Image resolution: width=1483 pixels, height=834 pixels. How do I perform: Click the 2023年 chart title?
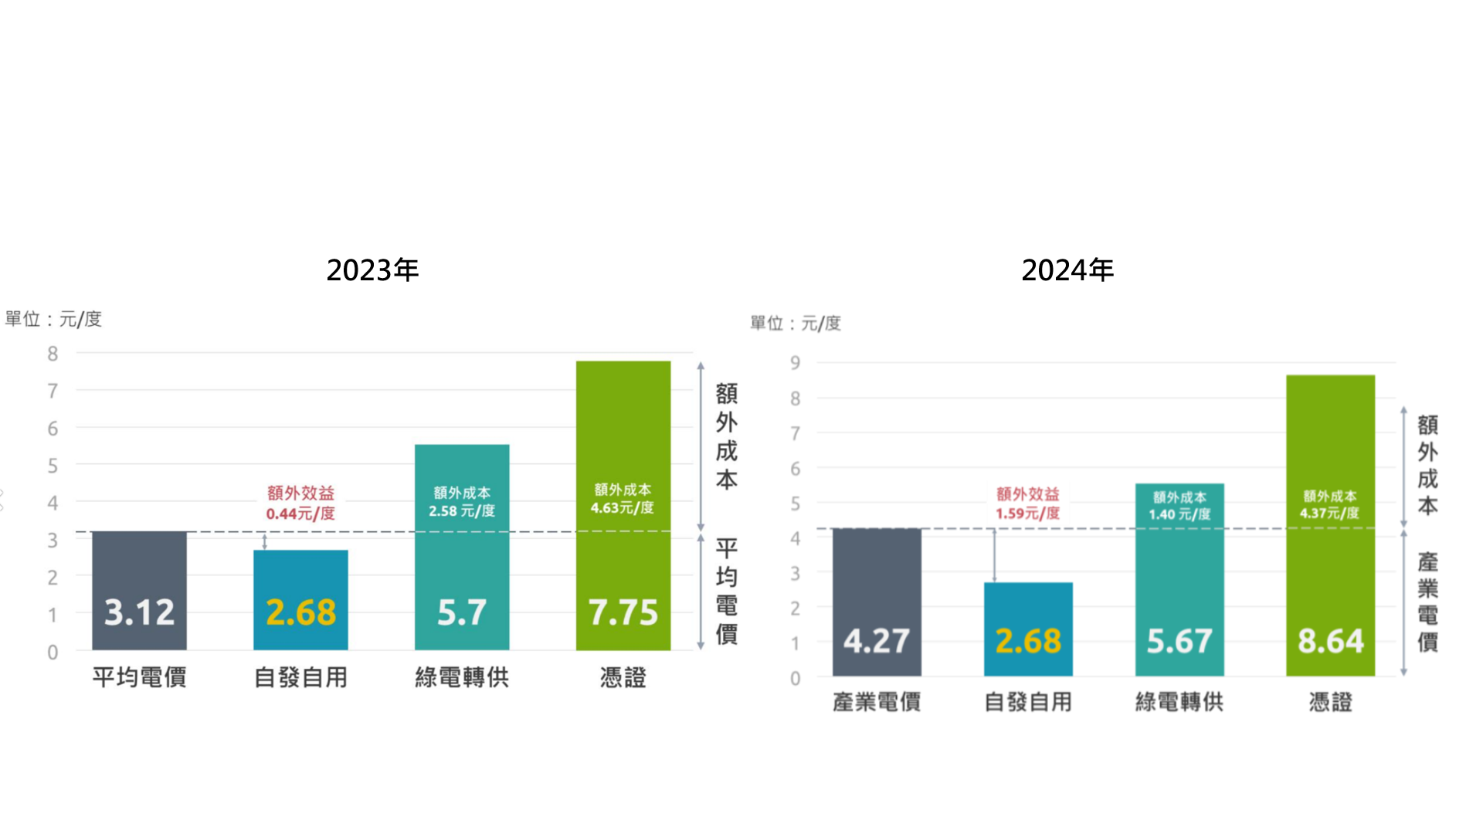[x=372, y=270]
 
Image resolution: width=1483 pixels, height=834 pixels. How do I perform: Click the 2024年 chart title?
[x=1067, y=270]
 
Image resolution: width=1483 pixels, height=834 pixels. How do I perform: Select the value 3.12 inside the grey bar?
[x=139, y=612]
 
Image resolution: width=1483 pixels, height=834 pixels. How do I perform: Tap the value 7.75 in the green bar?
[x=623, y=612]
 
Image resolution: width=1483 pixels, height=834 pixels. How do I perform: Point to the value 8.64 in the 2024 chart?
[x=1330, y=641]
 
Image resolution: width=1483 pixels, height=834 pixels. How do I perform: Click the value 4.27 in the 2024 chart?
[x=877, y=641]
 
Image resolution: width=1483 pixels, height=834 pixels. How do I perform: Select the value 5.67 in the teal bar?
[x=1179, y=641]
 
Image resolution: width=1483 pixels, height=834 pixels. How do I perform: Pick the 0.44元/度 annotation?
[x=300, y=514]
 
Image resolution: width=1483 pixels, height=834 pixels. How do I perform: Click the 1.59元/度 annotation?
[x=1027, y=514]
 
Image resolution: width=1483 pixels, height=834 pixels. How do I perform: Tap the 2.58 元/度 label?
[x=462, y=510]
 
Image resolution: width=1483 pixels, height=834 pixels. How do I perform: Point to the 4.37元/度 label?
[x=1329, y=513]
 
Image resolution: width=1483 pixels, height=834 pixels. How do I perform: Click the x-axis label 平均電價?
[x=139, y=677]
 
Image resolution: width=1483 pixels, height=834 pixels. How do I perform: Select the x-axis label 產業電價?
[x=877, y=702]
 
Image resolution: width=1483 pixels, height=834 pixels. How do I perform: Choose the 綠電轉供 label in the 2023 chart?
[x=462, y=677]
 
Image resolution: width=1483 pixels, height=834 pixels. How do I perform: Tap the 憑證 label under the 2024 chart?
[x=1330, y=702]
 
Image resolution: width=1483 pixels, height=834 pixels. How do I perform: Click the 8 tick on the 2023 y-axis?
[x=53, y=354]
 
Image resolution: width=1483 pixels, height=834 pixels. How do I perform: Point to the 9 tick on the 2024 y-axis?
[x=795, y=363]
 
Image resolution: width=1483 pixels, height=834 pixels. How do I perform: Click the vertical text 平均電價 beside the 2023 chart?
[x=726, y=592]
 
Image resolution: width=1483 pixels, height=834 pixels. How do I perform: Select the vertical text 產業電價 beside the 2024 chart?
[x=1427, y=602]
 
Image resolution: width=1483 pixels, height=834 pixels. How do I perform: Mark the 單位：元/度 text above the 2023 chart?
[x=53, y=319]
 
